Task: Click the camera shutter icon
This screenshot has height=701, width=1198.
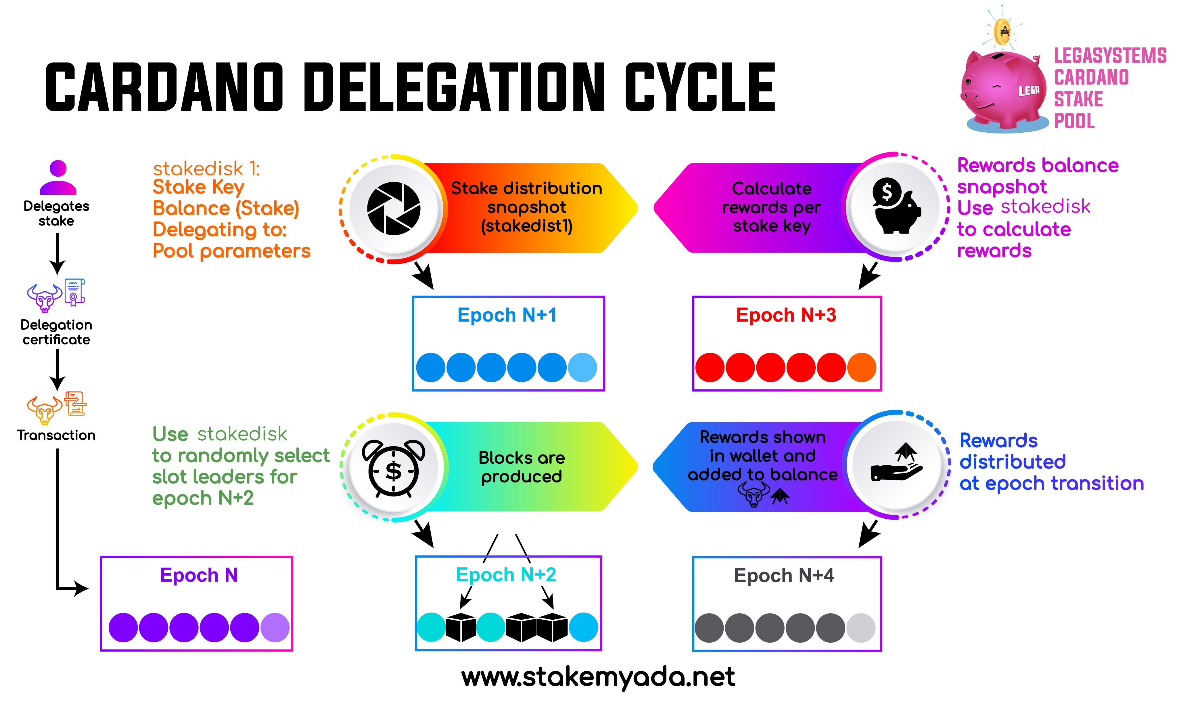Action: (x=394, y=208)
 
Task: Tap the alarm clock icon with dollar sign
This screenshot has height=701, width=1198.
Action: (x=394, y=469)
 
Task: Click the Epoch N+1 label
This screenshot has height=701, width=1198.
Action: (x=507, y=315)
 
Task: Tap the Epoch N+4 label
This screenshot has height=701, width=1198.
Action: (x=784, y=576)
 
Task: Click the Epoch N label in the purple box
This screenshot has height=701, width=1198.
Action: (x=199, y=575)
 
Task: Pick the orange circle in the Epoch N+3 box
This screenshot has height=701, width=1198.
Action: (x=861, y=367)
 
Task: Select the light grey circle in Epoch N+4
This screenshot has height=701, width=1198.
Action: (x=861, y=628)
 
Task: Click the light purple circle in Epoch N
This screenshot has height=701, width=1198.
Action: (x=275, y=627)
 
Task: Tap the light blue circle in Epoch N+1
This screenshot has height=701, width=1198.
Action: (x=582, y=367)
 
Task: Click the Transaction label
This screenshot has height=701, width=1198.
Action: (x=56, y=435)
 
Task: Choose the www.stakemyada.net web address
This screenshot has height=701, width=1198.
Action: (x=598, y=677)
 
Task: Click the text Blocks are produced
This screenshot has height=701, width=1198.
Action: (x=522, y=467)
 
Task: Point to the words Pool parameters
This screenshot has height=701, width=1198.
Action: (x=231, y=251)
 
